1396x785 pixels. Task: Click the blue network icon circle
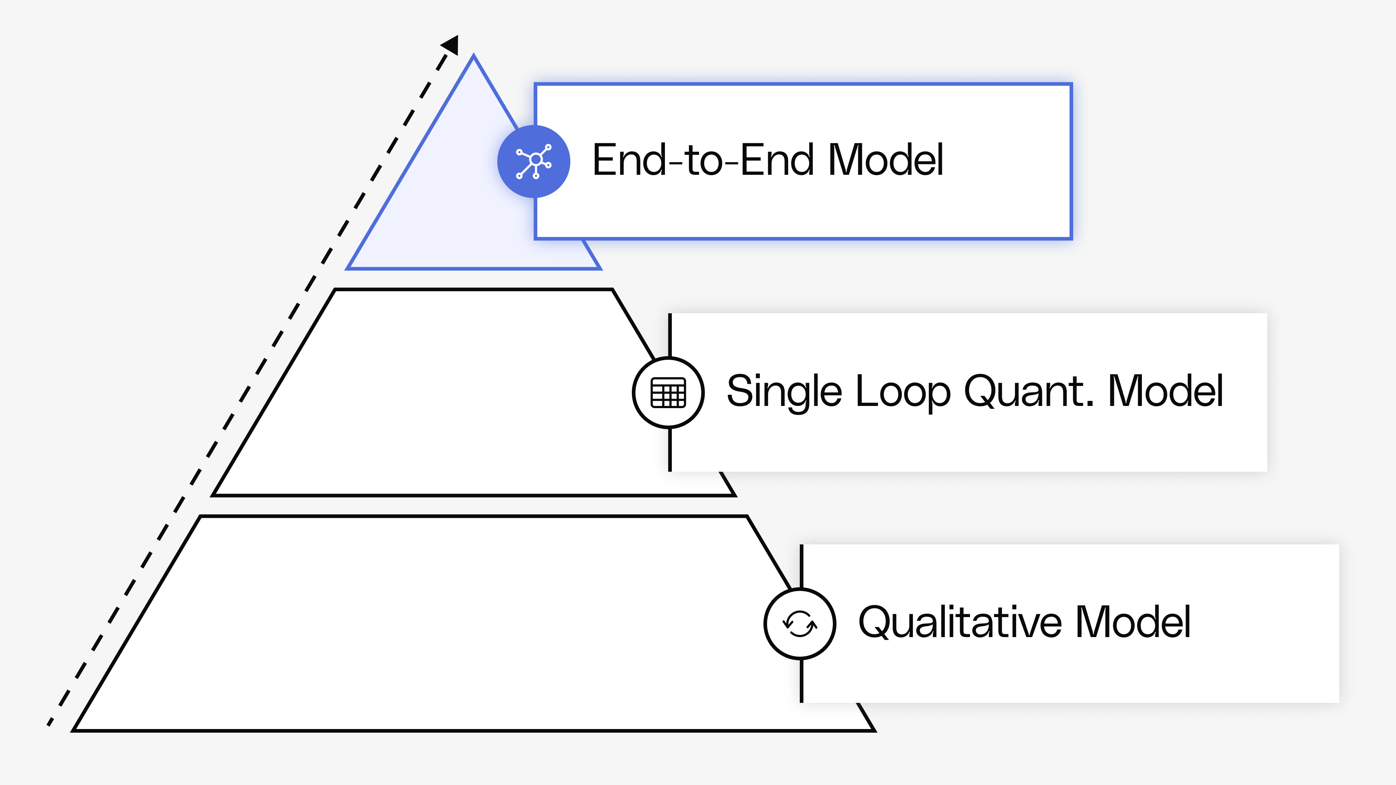click(x=534, y=161)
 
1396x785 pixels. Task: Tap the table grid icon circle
click(x=668, y=392)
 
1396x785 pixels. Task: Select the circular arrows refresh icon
click(x=800, y=624)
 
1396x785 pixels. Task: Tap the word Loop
click(x=903, y=391)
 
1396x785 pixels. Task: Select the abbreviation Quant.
click(x=1028, y=391)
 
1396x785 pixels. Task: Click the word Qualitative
click(x=960, y=623)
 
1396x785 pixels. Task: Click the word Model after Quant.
click(x=1166, y=391)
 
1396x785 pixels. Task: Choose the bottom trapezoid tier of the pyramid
click(x=434, y=623)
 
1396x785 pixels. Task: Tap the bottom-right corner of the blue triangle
click(x=599, y=267)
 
